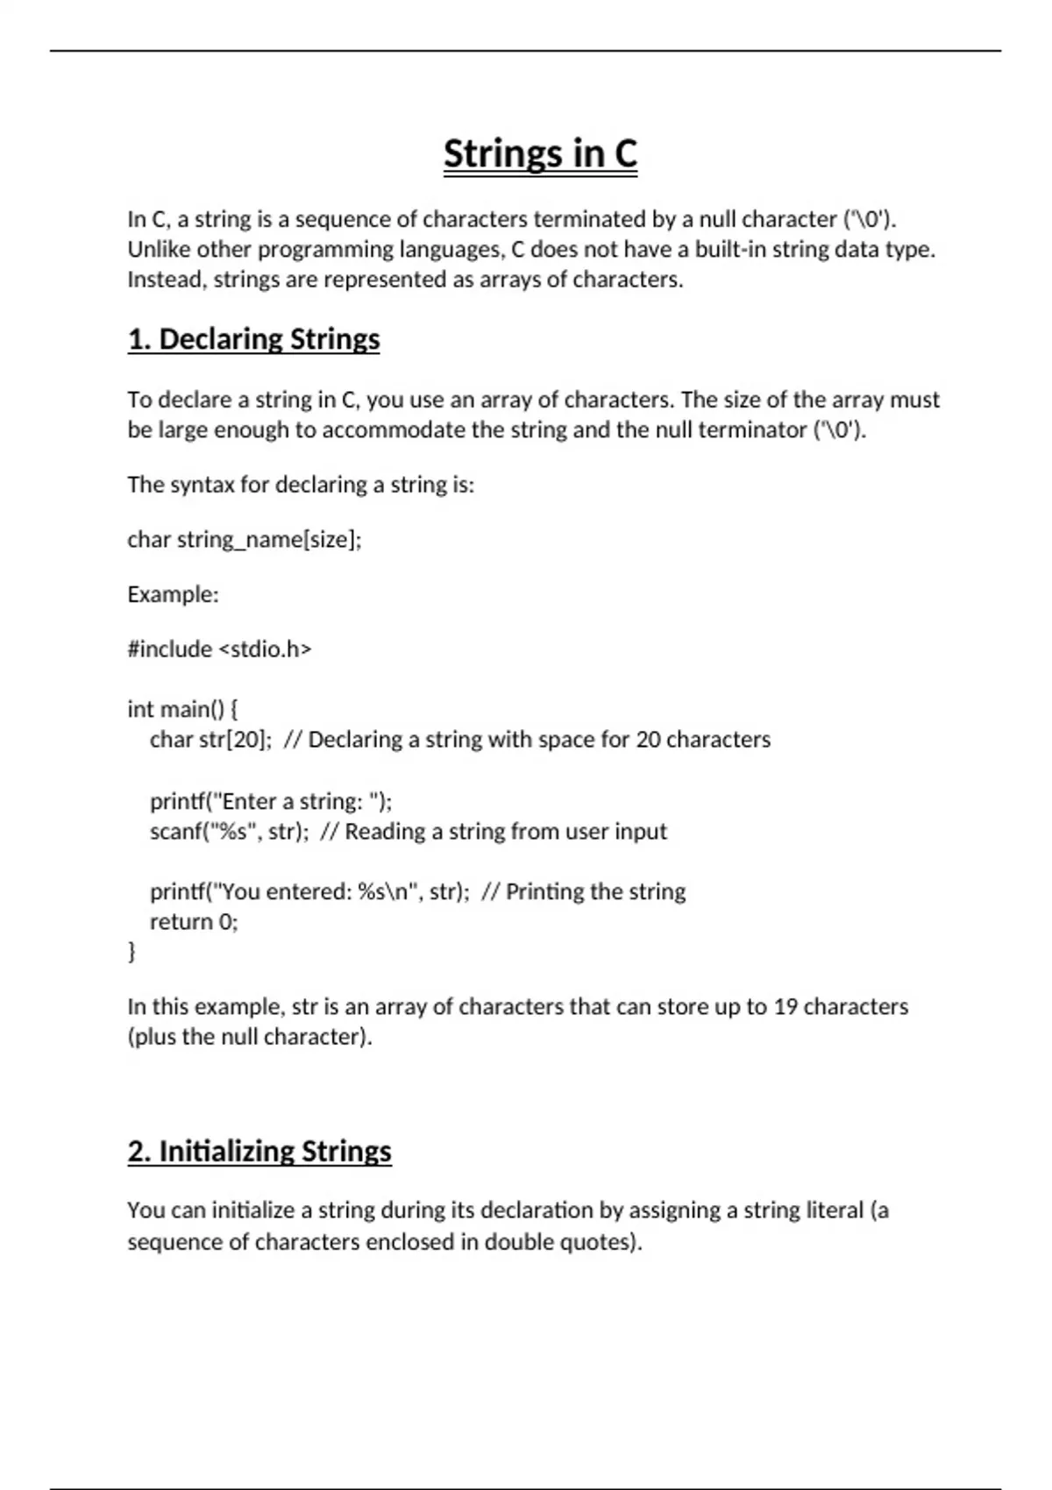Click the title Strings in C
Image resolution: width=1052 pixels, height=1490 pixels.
tap(540, 154)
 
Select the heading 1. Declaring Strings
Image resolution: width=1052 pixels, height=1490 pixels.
tap(253, 339)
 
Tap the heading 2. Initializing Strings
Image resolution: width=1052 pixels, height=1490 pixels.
tap(259, 1151)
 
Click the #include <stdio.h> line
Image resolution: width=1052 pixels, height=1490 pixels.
tap(219, 649)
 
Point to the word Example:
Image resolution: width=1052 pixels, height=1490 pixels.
tap(173, 594)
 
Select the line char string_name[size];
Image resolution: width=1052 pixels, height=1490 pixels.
tap(244, 539)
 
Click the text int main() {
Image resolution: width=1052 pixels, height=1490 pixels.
tap(182, 708)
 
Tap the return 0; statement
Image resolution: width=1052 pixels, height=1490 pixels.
tap(194, 921)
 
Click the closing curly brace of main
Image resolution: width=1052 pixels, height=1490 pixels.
tap(132, 951)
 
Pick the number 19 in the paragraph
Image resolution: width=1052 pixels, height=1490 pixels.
tap(785, 1006)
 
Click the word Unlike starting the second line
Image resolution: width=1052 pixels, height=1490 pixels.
tap(159, 250)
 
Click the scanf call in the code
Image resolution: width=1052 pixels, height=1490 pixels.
tap(229, 831)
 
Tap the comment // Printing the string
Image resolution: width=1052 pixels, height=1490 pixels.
tap(584, 891)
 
